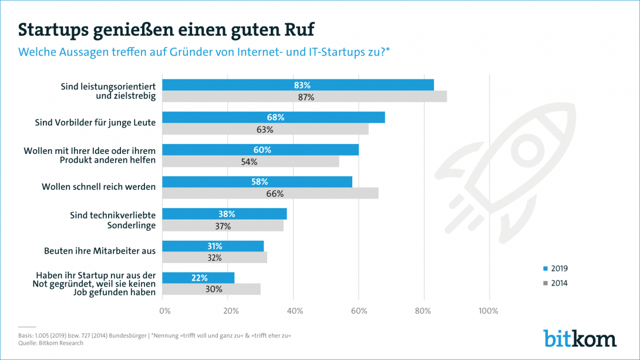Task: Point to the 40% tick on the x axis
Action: point(294,310)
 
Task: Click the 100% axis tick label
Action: point(489,310)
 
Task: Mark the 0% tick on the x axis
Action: point(165,310)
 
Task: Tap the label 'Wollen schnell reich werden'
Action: point(99,187)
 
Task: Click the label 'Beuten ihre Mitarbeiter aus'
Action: point(100,251)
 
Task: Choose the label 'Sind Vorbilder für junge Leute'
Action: point(95,123)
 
